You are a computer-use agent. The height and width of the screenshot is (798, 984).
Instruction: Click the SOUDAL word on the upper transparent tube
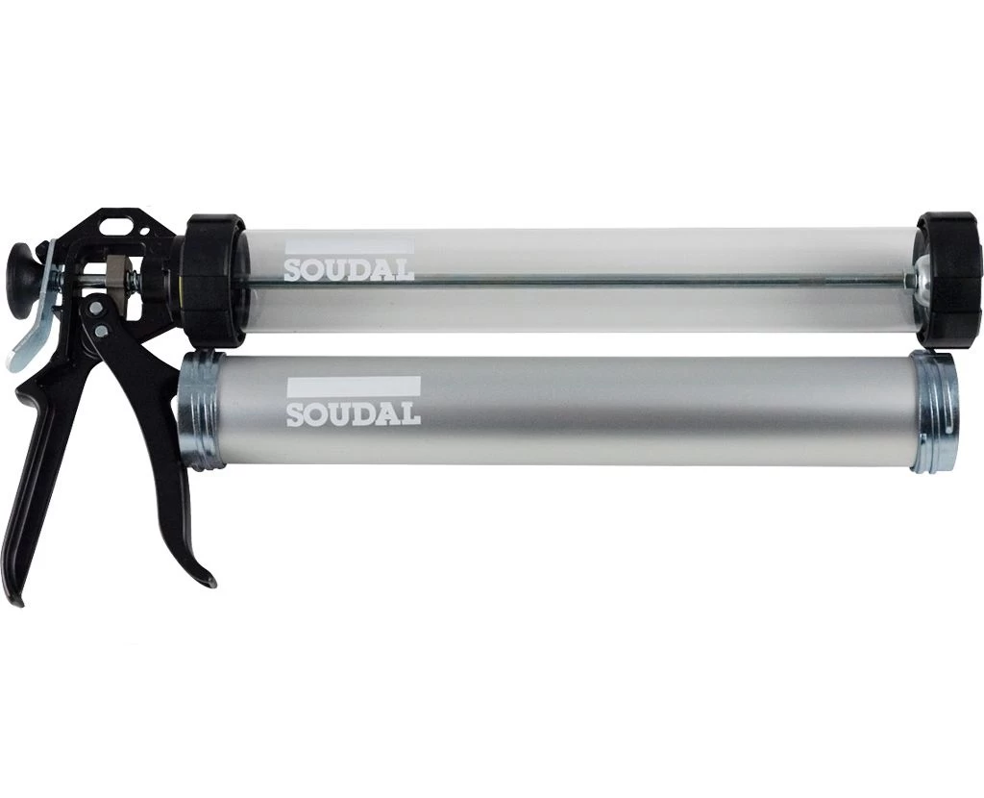[x=349, y=269]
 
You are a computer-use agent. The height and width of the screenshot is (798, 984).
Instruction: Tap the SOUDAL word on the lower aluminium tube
[x=354, y=413]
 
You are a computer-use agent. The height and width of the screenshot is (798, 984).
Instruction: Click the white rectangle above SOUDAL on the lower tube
[x=353, y=387]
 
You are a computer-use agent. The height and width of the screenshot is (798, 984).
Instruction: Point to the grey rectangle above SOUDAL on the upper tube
[x=349, y=245]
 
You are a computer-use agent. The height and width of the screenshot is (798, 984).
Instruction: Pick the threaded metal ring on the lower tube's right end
[x=935, y=412]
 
